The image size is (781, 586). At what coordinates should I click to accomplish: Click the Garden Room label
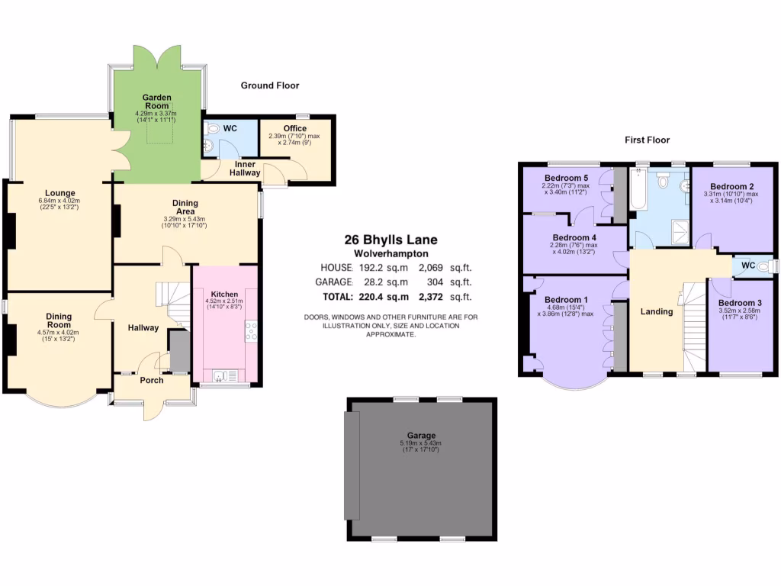pyautogui.click(x=156, y=102)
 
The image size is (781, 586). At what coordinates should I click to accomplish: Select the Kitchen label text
pyautogui.click(x=224, y=295)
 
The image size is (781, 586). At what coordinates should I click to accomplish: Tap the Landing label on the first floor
pyautogui.click(x=656, y=311)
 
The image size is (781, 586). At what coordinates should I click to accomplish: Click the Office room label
pyautogui.click(x=294, y=128)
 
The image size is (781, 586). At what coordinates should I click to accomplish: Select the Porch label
pyautogui.click(x=151, y=380)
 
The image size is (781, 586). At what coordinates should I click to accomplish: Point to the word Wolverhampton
pyautogui.click(x=391, y=253)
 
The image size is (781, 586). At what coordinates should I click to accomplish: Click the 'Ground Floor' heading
pyautogui.click(x=270, y=85)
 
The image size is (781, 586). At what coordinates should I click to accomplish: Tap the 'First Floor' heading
pyautogui.click(x=647, y=140)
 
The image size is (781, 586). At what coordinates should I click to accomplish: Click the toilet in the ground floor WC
pyautogui.click(x=211, y=128)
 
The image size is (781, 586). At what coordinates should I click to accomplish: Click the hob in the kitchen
pyautogui.click(x=251, y=330)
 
